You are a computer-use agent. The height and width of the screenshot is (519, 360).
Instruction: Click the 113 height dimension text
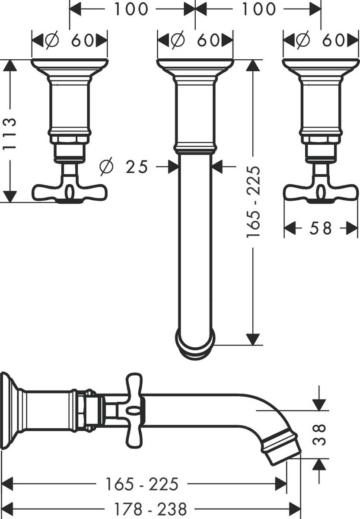[x=10, y=133]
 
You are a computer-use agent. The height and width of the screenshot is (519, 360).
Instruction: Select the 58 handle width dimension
[x=321, y=228]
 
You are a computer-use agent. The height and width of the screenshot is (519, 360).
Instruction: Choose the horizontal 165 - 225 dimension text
[x=142, y=484]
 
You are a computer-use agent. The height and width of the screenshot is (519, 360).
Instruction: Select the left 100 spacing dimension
[x=131, y=9]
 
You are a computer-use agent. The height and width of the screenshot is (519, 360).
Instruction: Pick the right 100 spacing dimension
[x=258, y=9]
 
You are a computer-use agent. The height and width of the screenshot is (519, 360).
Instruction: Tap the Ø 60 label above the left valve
[x=70, y=41]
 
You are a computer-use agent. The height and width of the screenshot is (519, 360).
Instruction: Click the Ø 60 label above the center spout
[x=195, y=41]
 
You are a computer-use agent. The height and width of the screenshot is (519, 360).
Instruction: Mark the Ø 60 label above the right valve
[x=321, y=41]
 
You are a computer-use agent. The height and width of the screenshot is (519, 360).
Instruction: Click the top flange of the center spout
[x=195, y=65]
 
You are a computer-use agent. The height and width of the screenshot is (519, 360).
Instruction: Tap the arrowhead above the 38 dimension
[x=319, y=404]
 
